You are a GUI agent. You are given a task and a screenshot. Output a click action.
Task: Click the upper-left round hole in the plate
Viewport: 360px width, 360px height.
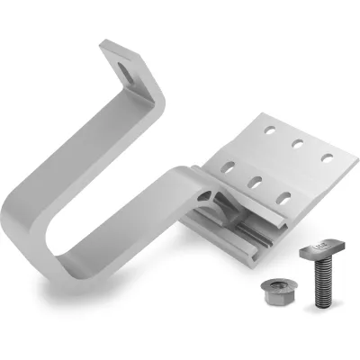268,130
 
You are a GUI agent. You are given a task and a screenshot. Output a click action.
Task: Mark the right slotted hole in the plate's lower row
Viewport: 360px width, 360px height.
284,196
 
